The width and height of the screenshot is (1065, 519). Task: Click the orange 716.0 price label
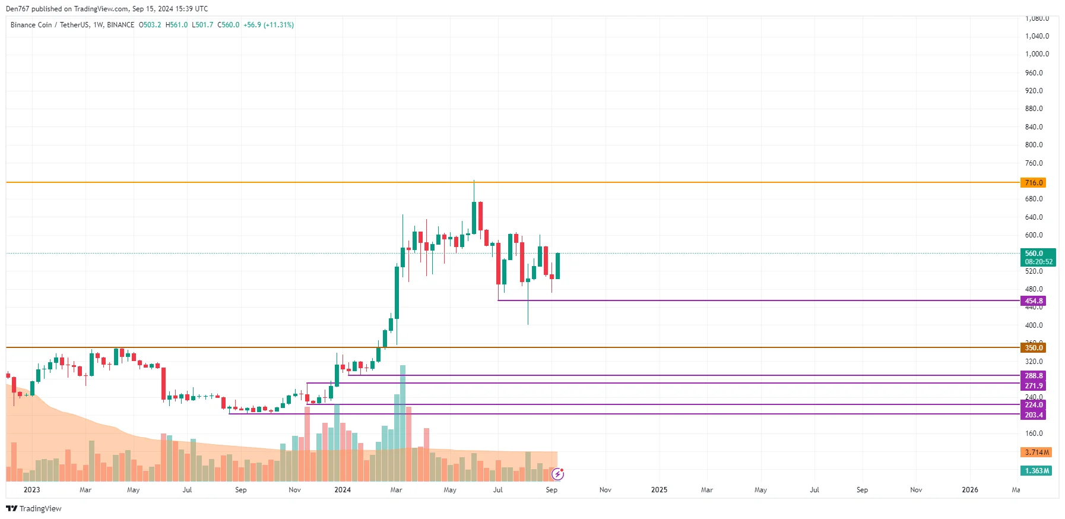[x=1033, y=183]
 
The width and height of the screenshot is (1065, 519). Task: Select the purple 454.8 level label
[x=1033, y=301]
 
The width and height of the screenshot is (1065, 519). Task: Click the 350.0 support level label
[x=1033, y=348]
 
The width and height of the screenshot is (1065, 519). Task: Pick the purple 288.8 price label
[x=1033, y=376]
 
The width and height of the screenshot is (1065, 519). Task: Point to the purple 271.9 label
[x=1033, y=386]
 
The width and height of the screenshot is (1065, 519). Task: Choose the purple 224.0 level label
[x=1033, y=405]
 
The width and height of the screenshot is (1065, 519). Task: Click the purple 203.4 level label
[x=1033, y=415]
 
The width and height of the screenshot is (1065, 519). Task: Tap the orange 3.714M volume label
[x=1037, y=452]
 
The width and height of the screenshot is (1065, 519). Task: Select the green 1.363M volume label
[x=1037, y=471]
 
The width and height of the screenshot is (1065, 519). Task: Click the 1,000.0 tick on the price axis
[x=1037, y=54]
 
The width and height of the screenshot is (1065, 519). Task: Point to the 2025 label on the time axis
[x=659, y=490]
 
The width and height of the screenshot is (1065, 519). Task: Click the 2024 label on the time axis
[x=343, y=490]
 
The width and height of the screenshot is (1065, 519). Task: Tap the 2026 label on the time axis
[x=969, y=490]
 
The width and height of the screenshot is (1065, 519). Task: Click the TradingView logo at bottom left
[x=34, y=508]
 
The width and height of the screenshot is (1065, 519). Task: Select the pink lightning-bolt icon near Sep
[x=557, y=474]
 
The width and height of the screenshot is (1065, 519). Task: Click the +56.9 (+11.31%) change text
[x=268, y=25]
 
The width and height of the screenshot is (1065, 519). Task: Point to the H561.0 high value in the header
[x=176, y=25]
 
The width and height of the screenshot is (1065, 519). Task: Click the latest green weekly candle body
[x=557, y=266]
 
